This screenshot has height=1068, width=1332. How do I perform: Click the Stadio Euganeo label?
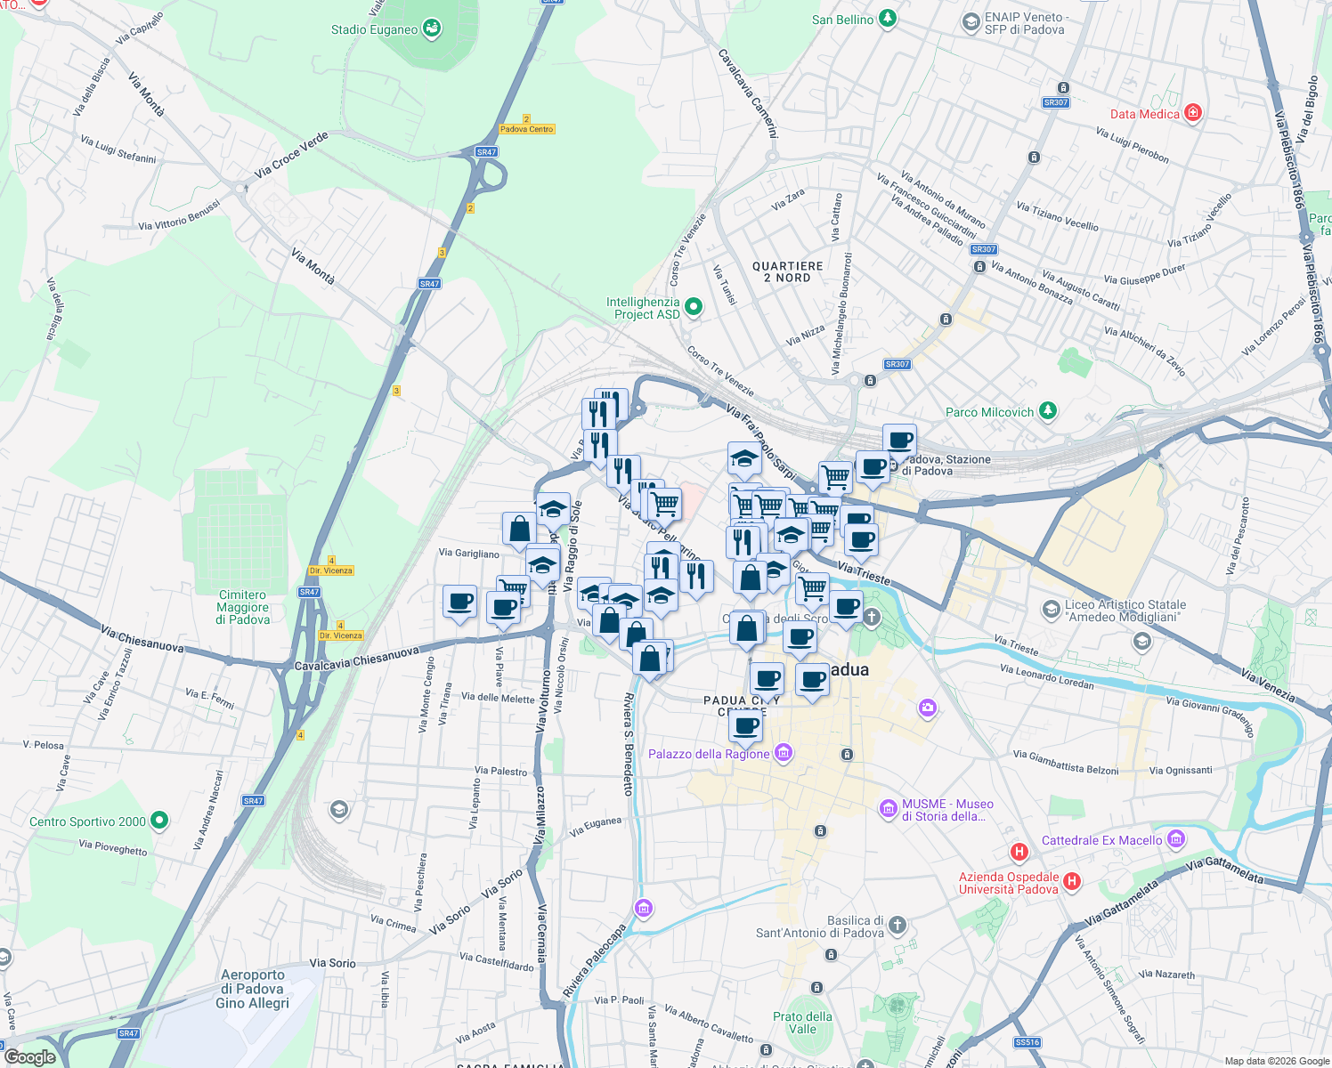pyautogui.click(x=374, y=29)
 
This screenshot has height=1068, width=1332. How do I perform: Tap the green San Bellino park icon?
pyautogui.click(x=887, y=19)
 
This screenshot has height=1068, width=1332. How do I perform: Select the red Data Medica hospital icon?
pyautogui.click(x=1193, y=113)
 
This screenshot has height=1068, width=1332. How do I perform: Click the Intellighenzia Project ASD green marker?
pyautogui.click(x=694, y=307)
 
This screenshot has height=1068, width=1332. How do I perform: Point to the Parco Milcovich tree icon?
pyautogui.click(x=1048, y=411)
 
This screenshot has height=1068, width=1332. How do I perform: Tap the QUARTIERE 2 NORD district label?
pyautogui.click(x=788, y=271)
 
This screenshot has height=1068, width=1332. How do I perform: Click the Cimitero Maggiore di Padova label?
pyautogui.click(x=242, y=608)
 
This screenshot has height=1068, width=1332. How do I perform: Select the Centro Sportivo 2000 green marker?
pyautogui.click(x=159, y=821)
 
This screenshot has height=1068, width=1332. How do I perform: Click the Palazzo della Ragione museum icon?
pyautogui.click(x=784, y=754)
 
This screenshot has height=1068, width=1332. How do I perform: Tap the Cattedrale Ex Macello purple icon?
pyautogui.click(x=1175, y=839)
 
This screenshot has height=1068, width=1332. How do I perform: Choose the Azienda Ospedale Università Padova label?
pyautogui.click(x=1008, y=883)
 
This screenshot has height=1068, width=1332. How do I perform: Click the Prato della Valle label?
pyautogui.click(x=802, y=1023)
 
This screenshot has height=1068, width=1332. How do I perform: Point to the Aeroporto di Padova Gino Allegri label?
pyautogui.click(x=253, y=989)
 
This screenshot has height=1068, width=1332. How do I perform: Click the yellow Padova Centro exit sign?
pyautogui.click(x=526, y=129)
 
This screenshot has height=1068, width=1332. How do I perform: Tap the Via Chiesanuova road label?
pyautogui.click(x=142, y=639)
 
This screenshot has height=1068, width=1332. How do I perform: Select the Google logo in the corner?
pyautogui.click(x=29, y=1057)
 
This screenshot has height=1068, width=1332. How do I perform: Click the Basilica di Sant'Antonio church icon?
pyautogui.click(x=897, y=926)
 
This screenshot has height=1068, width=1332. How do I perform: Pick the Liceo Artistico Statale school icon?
pyautogui.click(x=1052, y=610)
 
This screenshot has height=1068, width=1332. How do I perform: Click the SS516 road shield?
pyautogui.click(x=1027, y=1042)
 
